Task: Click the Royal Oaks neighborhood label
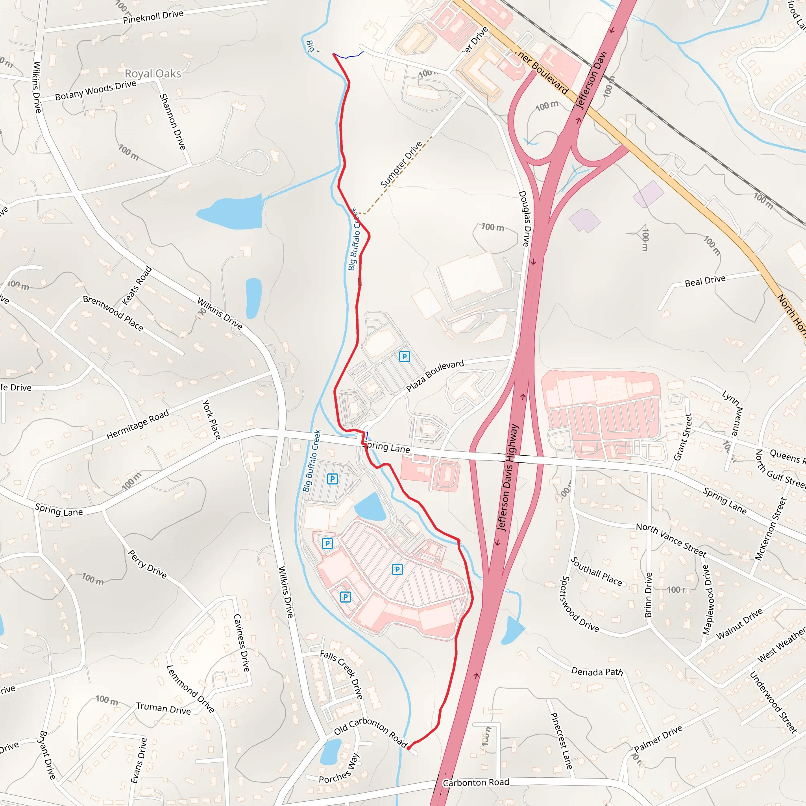[x=153, y=74]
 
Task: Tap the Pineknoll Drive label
[x=153, y=17]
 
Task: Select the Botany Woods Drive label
[x=96, y=90]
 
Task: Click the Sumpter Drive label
[x=401, y=165]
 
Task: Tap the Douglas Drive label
[x=524, y=218]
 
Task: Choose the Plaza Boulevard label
[x=435, y=375]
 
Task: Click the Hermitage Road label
[x=138, y=424]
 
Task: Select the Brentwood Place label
[x=113, y=313]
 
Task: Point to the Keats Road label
[x=137, y=286]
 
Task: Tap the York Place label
[x=211, y=419]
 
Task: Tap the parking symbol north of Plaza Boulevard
[x=404, y=357]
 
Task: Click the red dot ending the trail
[x=409, y=749]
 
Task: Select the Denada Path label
[x=597, y=671]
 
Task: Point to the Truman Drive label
[x=163, y=708]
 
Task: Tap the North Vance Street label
[x=671, y=540]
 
